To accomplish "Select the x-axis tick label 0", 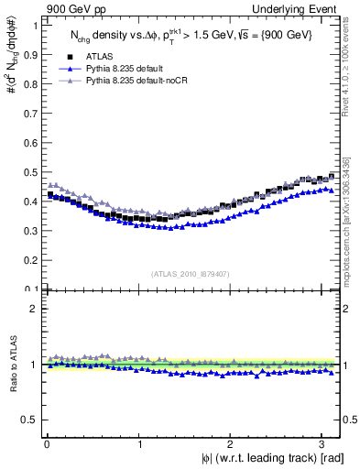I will pos(47,443).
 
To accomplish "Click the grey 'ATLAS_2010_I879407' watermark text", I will pos(191,273).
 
